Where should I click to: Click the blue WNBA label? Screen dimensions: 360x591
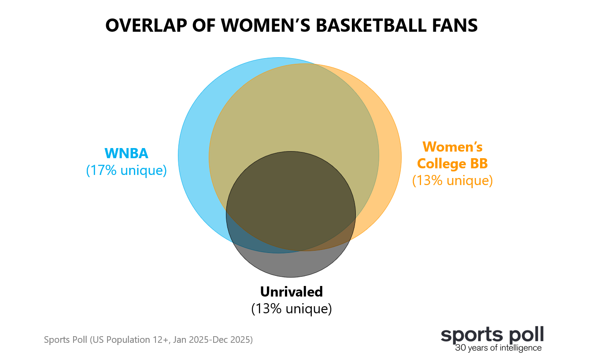(126, 153)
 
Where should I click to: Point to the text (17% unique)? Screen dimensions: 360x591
(126, 170)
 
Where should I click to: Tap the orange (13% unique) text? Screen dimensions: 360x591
(452, 181)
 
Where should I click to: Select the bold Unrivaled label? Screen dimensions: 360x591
(291, 292)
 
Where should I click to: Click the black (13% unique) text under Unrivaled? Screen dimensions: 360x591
(291, 308)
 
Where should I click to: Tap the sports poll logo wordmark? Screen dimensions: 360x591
(492, 335)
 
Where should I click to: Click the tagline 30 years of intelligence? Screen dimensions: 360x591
(498, 348)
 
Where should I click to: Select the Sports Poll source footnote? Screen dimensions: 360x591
(148, 340)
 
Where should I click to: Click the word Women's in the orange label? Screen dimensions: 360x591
(452, 147)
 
